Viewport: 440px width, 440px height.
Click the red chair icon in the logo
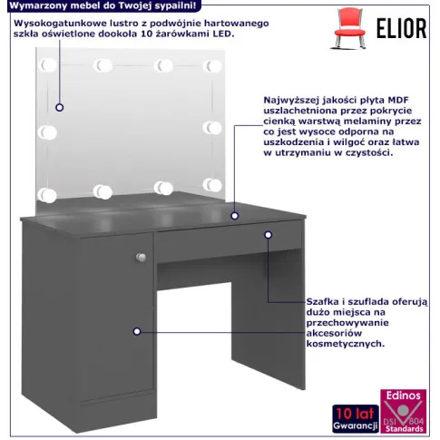[349, 28]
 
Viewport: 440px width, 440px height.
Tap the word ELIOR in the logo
[401, 28]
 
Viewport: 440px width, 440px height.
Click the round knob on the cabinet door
[141, 258]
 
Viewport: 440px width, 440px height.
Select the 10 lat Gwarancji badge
[356, 419]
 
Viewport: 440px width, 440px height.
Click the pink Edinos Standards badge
[404, 411]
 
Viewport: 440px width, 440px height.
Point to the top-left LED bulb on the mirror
[47, 65]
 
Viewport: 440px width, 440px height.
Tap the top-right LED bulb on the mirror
[212, 66]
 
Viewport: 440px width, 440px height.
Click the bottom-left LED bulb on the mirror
[47, 195]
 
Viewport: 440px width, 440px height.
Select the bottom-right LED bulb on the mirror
[212, 185]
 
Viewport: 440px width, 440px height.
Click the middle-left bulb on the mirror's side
[47, 132]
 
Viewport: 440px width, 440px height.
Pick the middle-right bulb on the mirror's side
[212, 128]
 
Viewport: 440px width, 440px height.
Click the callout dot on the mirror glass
[60, 107]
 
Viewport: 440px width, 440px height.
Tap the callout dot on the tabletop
[235, 216]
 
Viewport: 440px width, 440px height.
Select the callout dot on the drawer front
[269, 235]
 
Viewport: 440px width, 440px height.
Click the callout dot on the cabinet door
[137, 331]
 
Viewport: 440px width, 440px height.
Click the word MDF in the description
[398, 100]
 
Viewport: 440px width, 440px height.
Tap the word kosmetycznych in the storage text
[346, 344]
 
